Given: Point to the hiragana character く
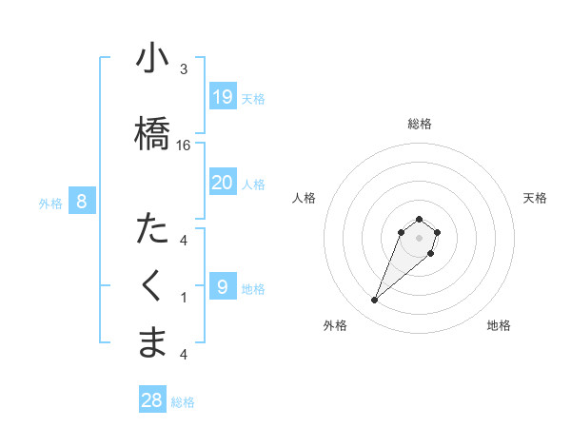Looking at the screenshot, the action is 152,286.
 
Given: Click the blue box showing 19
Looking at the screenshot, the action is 222,97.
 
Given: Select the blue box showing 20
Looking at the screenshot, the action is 222,183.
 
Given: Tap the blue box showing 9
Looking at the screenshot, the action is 222,287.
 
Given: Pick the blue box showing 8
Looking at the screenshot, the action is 82,202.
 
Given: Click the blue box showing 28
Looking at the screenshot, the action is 152,400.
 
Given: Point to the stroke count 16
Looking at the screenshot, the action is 184,146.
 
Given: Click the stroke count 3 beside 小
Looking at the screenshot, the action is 184,69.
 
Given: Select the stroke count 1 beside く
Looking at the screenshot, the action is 184,298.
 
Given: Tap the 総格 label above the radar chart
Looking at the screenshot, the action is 420,124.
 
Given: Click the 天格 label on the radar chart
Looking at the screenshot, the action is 535,198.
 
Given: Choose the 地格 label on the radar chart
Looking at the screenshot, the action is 499,325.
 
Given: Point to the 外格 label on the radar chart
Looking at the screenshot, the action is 335,325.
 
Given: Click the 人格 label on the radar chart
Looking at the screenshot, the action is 304,198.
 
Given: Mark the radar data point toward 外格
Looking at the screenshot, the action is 374,301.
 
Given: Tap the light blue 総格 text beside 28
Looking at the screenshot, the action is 183,402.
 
